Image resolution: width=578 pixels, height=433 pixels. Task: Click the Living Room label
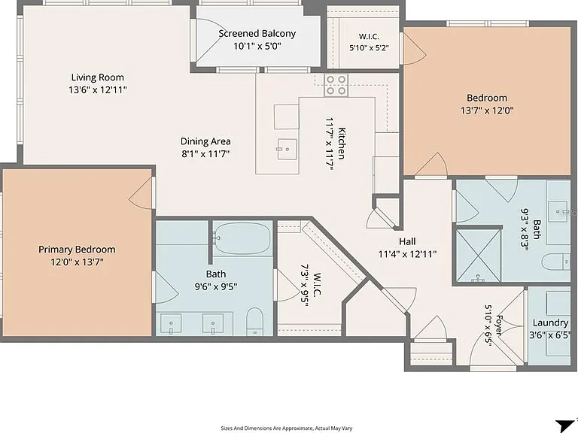97,77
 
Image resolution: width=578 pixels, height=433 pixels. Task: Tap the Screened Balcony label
257,34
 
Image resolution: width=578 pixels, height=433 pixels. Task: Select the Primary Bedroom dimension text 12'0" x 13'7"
77,262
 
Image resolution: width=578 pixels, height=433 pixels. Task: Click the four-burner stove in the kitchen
336,85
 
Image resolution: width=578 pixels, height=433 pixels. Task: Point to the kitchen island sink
287,149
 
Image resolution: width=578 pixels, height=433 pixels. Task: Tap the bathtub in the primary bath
242,239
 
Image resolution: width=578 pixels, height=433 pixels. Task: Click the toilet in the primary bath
254,322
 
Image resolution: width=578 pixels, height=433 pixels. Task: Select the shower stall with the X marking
479,256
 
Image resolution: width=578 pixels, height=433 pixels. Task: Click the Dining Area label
205,141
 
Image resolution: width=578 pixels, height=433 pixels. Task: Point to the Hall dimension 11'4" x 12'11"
407,254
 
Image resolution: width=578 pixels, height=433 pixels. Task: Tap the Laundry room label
550,323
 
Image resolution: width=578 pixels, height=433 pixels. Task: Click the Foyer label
499,325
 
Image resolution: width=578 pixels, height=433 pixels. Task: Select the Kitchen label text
342,144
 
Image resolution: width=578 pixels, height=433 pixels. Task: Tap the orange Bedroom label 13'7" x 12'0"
487,98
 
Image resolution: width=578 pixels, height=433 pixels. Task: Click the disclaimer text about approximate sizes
287,428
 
